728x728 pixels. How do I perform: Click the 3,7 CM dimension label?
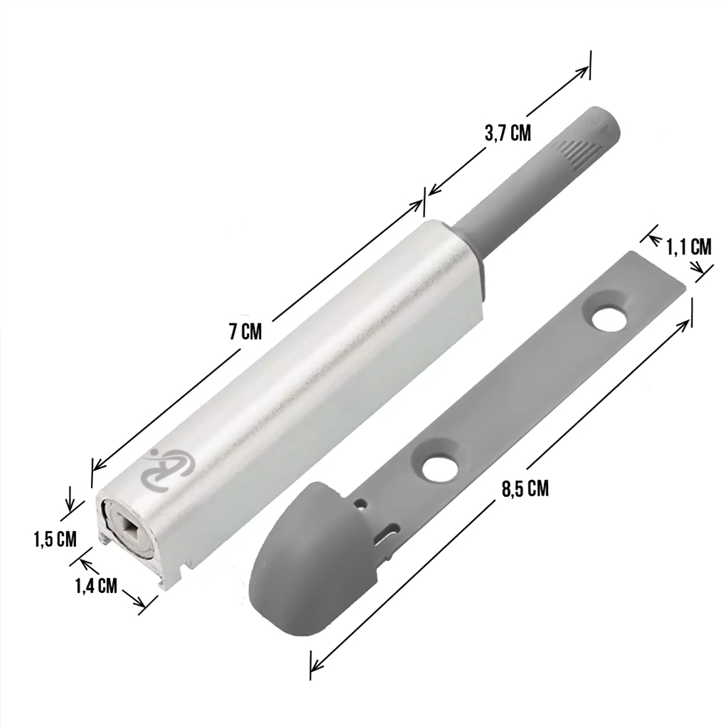click(x=508, y=133)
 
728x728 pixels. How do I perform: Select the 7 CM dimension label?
click(x=245, y=331)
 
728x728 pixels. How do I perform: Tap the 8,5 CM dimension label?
click(x=525, y=489)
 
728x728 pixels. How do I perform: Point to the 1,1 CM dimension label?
click(x=689, y=247)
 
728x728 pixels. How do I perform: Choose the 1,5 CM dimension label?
click(x=55, y=539)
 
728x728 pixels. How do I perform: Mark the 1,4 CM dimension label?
click(x=96, y=586)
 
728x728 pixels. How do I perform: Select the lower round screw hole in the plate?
click(x=439, y=468)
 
